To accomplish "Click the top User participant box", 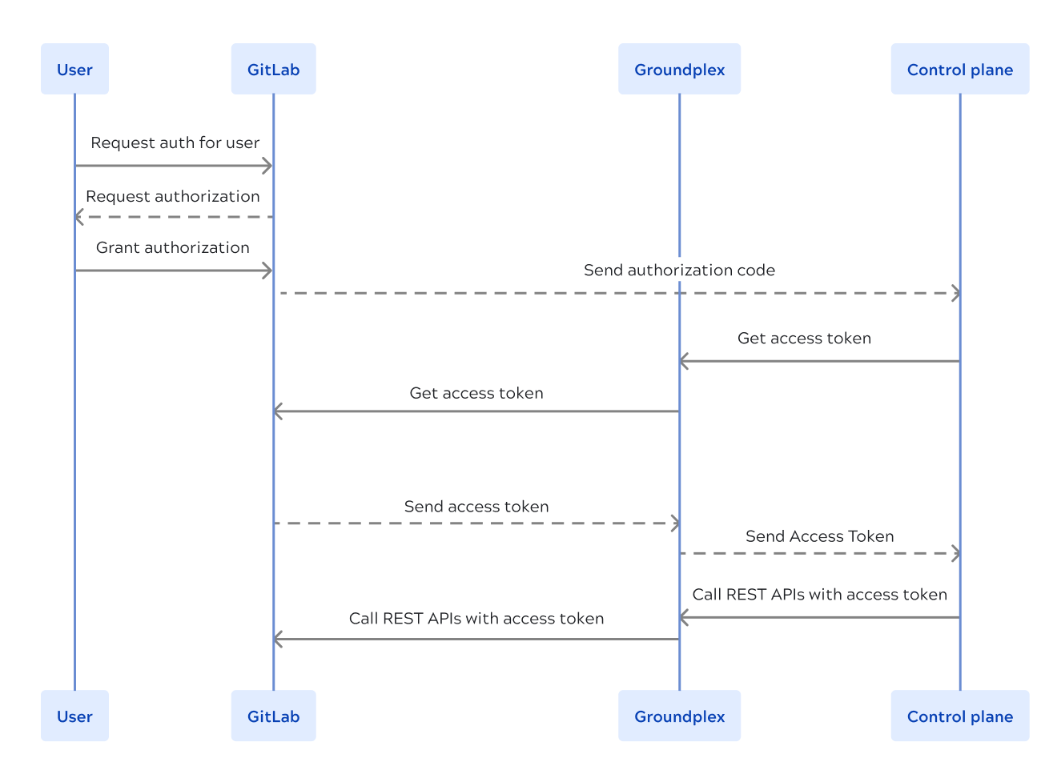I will coord(74,70).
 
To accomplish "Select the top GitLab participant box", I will coord(273,70).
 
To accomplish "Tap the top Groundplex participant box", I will coord(679,70).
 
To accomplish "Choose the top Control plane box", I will coord(959,70).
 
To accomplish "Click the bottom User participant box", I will coord(74,716).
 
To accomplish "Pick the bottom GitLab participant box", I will coord(273,716).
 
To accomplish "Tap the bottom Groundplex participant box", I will coord(679,716).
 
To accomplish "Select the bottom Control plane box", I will coord(959,716).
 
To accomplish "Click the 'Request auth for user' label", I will coord(175,143).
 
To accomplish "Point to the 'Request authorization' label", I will coord(173,197).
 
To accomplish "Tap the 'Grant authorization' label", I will coord(173,248).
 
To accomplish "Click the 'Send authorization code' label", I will coord(679,271).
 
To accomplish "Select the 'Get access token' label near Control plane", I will coord(804,339).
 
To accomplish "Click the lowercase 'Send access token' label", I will coord(476,507).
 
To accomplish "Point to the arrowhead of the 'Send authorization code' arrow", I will coord(956,294).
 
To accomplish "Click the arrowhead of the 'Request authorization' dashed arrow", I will coord(78,217).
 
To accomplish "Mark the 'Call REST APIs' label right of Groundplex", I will coord(819,595).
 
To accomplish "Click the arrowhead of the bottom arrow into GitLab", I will coord(277,640).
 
